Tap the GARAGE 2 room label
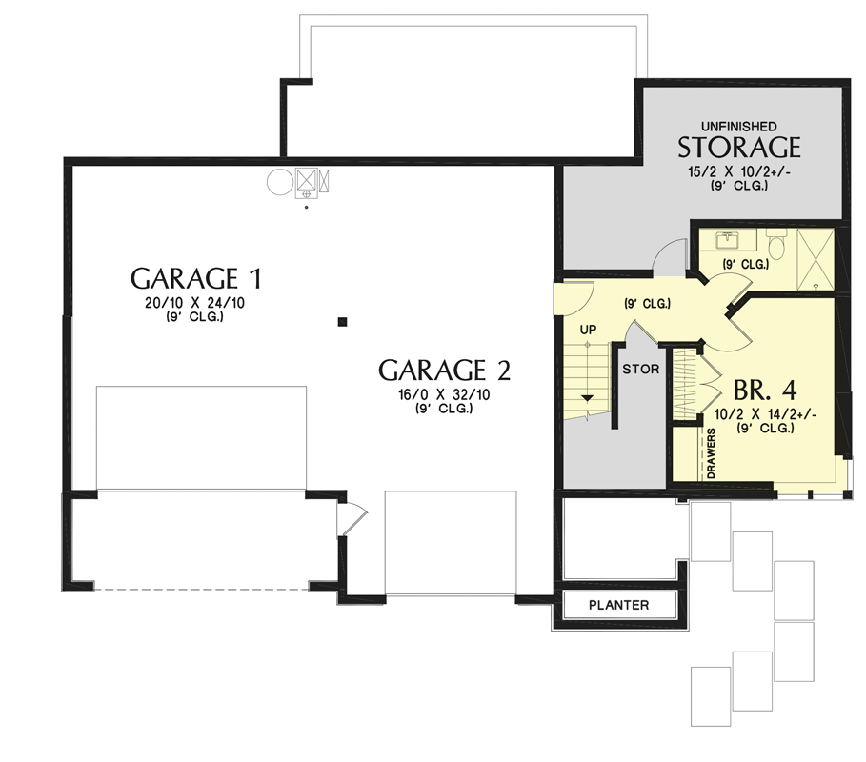tap(444, 370)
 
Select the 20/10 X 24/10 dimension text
tap(195, 304)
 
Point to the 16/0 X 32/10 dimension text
tap(444, 394)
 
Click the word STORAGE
tap(738, 148)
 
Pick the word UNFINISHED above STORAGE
tap(738, 126)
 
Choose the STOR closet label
tap(640, 369)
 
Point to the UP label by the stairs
tap(589, 330)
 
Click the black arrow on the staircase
tap(588, 396)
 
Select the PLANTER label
tap(618, 605)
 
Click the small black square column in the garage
tap(342, 321)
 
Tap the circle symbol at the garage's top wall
tap(279, 181)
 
